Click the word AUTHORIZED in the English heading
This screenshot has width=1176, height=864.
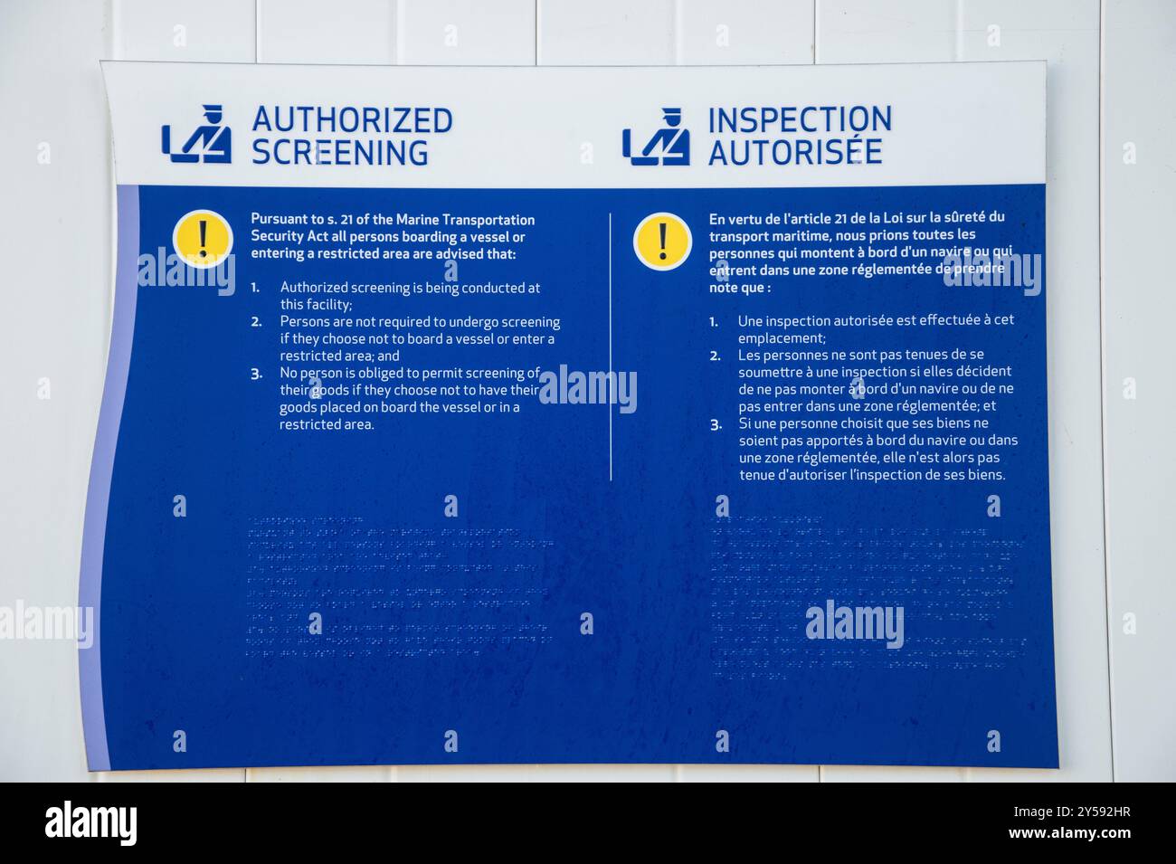tap(352, 119)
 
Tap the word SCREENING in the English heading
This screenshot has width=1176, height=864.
tap(339, 153)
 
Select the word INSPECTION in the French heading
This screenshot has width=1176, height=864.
tap(799, 119)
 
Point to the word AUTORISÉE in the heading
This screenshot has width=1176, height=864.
tap(794, 153)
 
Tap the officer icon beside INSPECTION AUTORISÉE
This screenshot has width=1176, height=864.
tap(656, 138)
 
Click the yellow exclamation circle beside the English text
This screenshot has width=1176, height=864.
tap(203, 238)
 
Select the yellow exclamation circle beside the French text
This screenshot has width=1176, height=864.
tap(662, 241)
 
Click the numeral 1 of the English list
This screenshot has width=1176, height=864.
tap(255, 288)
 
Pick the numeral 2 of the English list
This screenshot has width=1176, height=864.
tap(256, 322)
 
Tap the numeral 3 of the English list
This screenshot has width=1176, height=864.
tap(256, 373)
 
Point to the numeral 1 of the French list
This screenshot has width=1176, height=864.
tap(713, 321)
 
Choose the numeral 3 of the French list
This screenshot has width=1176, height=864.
tap(715, 423)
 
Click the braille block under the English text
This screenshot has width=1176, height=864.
tap(398, 585)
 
